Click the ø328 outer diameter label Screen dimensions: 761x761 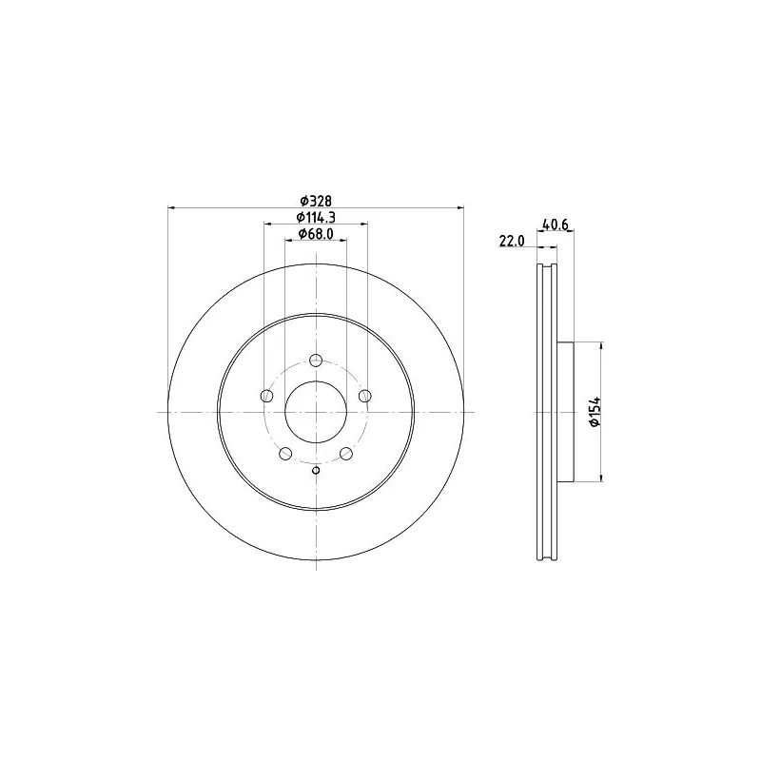tap(315, 201)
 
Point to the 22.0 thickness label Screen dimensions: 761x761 tap(512, 242)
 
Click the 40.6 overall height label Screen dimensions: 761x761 tap(555, 225)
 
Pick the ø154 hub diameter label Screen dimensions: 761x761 tap(595, 411)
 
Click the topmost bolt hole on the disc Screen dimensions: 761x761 tap(316, 361)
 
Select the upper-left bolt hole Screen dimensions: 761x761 tap(267, 397)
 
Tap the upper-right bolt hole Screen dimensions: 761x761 tap(363, 397)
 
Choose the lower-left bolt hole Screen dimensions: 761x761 tap(285, 454)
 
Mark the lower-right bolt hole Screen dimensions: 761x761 tap(345, 454)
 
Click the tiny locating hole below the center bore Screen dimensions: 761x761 tap(316, 469)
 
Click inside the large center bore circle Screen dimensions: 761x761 tap(316, 411)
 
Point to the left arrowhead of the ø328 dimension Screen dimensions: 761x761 tap(172, 207)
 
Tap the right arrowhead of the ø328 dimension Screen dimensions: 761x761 tap(459, 207)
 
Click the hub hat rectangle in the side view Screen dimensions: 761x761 tap(565, 411)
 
